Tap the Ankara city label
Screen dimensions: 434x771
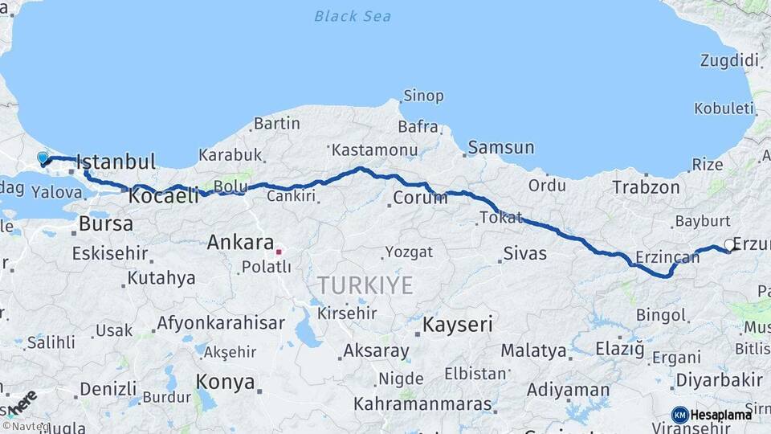pos(241,241)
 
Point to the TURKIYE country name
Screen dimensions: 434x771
pos(365,285)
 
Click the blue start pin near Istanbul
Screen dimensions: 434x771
pos(43,158)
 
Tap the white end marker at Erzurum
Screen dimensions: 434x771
pos(728,244)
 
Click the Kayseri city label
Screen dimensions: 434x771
pos(458,325)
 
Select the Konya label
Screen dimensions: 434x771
pos(226,383)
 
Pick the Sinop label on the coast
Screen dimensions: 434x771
pos(423,96)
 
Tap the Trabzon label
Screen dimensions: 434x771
pos(646,187)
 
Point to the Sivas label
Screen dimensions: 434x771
pos(524,254)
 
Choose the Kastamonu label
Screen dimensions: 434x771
pos(374,150)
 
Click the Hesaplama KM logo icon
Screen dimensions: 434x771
pos(679,415)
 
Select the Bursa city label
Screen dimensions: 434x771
pos(106,224)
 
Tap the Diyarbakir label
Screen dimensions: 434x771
pos(717,379)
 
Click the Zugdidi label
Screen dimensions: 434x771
pos(729,60)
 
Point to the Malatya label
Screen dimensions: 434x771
pos(533,350)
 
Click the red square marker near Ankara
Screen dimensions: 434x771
pos(279,252)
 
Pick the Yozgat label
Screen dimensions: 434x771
pos(409,252)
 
